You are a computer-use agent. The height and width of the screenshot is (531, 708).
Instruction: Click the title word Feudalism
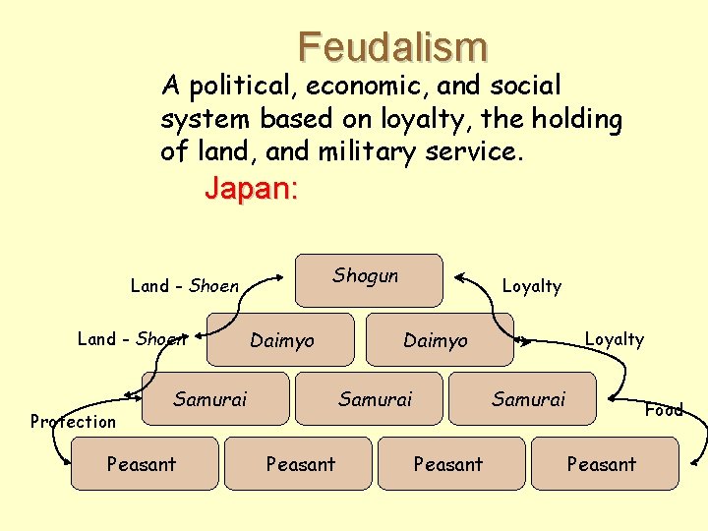pos(393,46)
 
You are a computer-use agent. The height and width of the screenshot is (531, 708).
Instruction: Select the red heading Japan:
pos(251,188)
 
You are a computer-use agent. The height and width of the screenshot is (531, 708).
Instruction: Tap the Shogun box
pos(370,280)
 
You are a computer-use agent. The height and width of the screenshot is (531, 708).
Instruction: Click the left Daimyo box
pos(281,340)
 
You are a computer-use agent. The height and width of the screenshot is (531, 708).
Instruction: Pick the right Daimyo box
pos(439,340)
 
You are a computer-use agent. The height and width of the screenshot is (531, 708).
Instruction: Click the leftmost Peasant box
pos(144,464)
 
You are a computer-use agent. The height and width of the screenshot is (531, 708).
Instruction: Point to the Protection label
pos(73,422)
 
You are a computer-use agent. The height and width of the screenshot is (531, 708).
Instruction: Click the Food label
pos(664,410)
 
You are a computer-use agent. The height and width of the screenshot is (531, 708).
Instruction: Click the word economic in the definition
pos(365,87)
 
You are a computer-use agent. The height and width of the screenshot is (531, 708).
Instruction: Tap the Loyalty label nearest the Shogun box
pos(531,286)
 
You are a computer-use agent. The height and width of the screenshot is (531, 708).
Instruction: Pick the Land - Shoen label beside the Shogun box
pos(185,286)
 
